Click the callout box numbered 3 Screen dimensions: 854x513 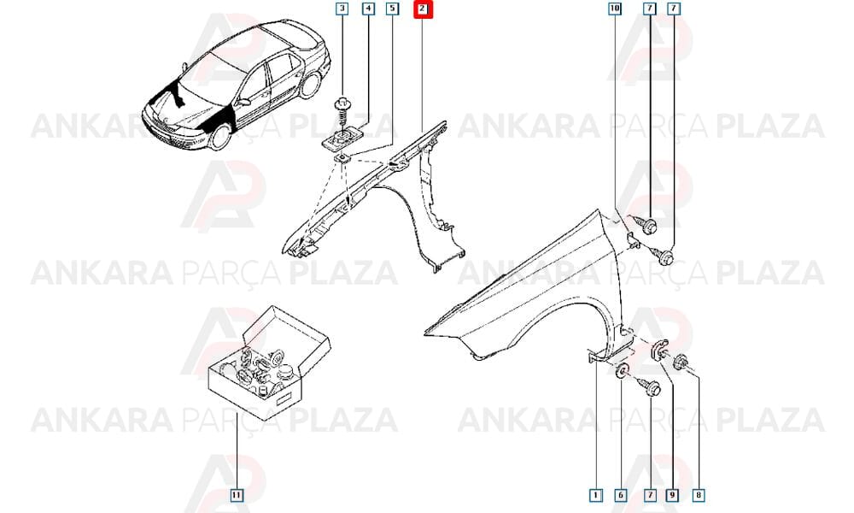point(342,9)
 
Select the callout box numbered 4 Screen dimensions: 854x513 point(368,9)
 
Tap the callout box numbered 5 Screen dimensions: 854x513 point(392,9)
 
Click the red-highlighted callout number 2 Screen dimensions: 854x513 point(423,9)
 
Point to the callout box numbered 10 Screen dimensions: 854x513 point(614,9)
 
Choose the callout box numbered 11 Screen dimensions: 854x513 point(237,495)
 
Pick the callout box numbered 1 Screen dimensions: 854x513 point(596,495)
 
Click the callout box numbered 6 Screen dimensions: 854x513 point(621,495)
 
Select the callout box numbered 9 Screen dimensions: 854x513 point(672,495)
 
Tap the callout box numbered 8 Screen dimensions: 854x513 point(699,495)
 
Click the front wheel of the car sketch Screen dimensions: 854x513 point(220,137)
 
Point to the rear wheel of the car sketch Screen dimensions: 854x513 point(311,85)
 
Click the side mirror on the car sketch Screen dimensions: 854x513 point(244,102)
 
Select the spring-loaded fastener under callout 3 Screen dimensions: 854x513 point(342,113)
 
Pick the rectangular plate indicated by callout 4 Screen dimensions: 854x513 point(342,139)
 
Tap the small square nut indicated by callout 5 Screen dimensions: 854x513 point(342,159)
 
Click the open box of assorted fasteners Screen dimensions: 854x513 point(269,363)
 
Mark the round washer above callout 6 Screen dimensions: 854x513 point(622,371)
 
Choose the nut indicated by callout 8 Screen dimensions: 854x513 point(681,362)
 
